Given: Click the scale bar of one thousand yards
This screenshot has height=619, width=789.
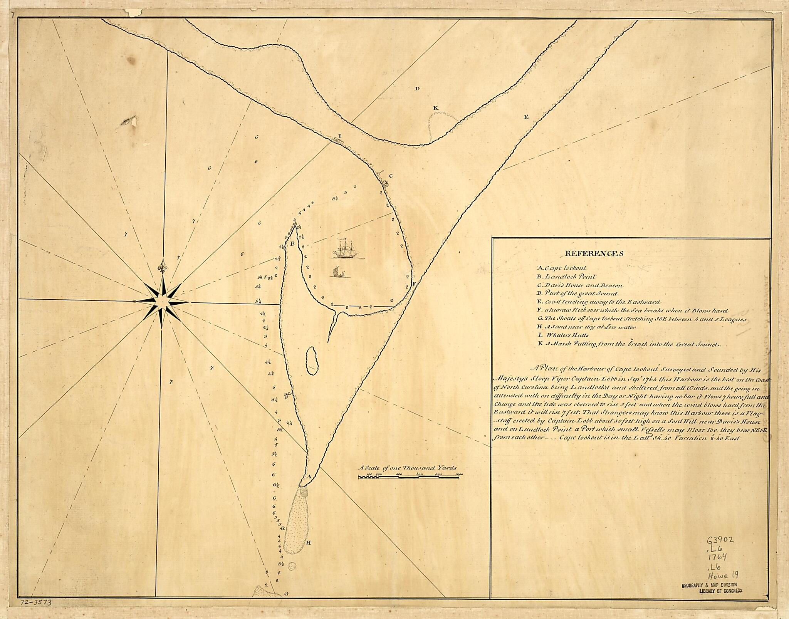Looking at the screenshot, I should coord(410,476).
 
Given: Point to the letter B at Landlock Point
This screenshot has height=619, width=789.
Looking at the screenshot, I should coord(292,243).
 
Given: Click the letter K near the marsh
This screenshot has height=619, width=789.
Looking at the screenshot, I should coord(435,108).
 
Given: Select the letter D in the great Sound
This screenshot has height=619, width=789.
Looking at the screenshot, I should coord(416,89).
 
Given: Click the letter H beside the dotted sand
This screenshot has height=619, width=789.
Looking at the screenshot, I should coord(308,543).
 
